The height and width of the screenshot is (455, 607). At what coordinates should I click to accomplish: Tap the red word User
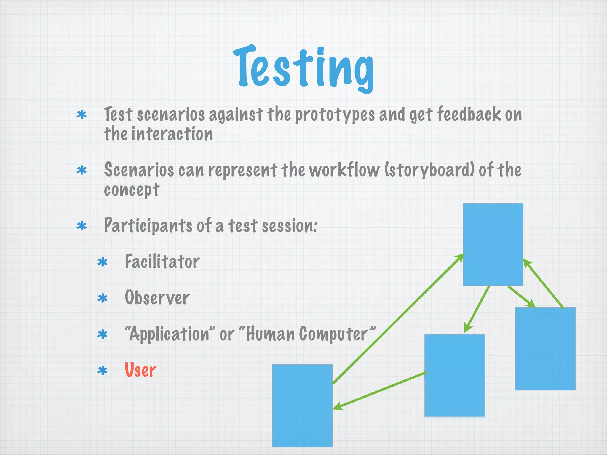tap(140, 370)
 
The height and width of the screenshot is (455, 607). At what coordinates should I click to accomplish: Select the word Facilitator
tap(162, 262)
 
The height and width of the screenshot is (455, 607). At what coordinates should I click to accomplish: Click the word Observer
tap(157, 298)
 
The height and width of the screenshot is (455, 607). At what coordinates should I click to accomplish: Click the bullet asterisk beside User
tap(102, 371)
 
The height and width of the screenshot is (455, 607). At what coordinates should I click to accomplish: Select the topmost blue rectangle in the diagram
tap(493, 244)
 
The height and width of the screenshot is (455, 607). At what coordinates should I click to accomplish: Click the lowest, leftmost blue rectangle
tap(302, 406)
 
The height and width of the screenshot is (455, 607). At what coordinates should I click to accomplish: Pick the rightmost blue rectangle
tap(545, 349)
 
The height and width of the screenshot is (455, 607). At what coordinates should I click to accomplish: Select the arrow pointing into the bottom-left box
tap(379, 391)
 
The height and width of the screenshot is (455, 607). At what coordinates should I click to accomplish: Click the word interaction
tap(172, 134)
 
